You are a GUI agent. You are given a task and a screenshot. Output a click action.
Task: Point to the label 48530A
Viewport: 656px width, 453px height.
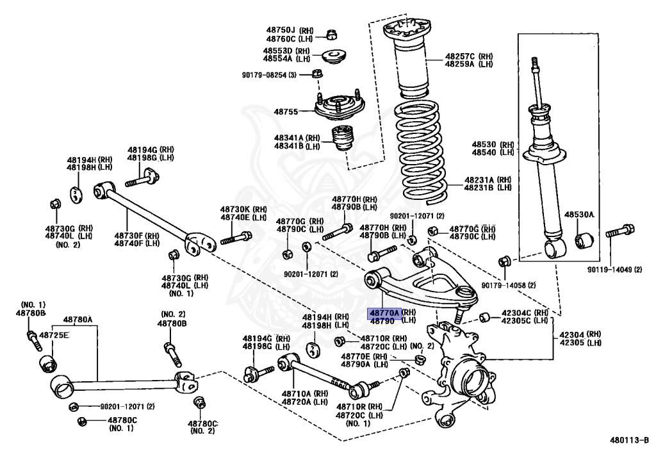click(578, 215)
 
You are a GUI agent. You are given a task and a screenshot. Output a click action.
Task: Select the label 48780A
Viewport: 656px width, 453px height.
click(78, 320)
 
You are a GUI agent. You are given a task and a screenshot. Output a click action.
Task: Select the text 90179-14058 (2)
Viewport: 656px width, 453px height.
click(509, 284)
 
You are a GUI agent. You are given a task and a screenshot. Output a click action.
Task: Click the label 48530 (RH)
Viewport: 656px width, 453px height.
click(493, 145)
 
